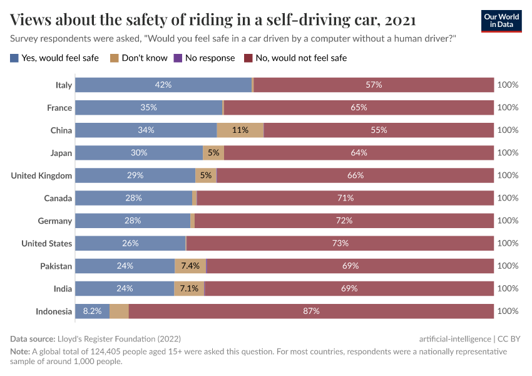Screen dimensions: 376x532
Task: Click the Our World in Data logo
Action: [501, 21]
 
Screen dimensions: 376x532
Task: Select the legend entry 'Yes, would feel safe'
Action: [54, 58]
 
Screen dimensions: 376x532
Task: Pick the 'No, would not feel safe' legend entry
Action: [295, 58]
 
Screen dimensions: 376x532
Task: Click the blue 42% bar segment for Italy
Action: [163, 85]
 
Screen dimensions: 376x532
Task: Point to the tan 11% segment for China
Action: [240, 130]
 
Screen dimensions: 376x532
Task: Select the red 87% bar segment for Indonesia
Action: [311, 311]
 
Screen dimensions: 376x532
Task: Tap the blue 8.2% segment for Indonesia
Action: [92, 311]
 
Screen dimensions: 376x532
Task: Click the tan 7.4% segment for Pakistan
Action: [190, 266]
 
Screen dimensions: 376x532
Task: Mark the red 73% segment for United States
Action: [340, 243]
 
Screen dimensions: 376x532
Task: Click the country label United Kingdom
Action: [41, 175]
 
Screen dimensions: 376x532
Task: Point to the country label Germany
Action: [56, 221]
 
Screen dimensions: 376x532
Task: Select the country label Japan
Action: [61, 153]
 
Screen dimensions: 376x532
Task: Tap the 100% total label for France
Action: [508, 108]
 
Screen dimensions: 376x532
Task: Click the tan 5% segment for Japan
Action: [213, 153]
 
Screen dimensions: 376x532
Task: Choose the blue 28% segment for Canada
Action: [133, 198]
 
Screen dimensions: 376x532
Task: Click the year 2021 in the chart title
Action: [401, 20]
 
